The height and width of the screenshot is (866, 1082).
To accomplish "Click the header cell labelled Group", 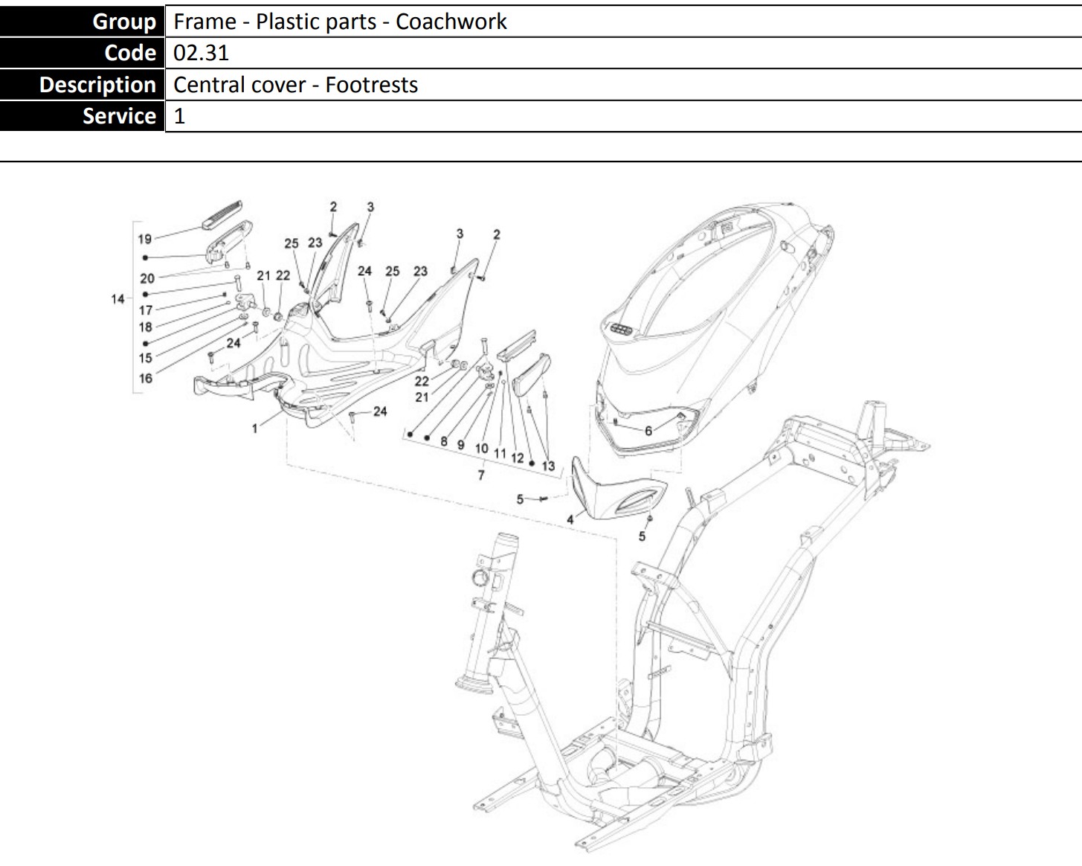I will pyautogui.click(x=123, y=22).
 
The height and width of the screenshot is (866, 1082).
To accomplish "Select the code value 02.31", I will pyautogui.click(x=201, y=53).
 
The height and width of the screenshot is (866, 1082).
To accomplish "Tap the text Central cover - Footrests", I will pyautogui.click(x=295, y=85).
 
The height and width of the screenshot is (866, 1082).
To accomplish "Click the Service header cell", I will pyautogui.click(x=119, y=116).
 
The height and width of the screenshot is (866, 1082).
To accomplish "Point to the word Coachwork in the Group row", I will pyautogui.click(x=451, y=22).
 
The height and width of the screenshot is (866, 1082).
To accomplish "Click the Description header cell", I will pyautogui.click(x=97, y=85).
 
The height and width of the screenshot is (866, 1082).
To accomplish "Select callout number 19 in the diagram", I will pyautogui.click(x=144, y=239).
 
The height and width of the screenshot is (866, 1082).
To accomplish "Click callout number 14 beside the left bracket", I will pyautogui.click(x=117, y=299).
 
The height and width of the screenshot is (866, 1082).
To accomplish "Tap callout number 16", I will pyautogui.click(x=145, y=378).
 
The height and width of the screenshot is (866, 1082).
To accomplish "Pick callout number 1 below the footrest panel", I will pyautogui.click(x=254, y=429).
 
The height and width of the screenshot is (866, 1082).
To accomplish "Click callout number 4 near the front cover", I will pyautogui.click(x=570, y=519).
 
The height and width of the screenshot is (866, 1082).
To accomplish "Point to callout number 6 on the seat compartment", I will pyautogui.click(x=648, y=431).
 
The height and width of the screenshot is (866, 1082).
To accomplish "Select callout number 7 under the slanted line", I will pyautogui.click(x=481, y=475).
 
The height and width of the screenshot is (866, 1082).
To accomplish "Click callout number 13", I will pyautogui.click(x=548, y=466).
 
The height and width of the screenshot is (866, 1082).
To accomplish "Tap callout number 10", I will pyautogui.click(x=481, y=449).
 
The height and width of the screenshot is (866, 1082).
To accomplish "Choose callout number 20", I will pyautogui.click(x=147, y=278).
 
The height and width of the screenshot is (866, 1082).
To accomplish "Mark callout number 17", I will pyautogui.click(x=146, y=310).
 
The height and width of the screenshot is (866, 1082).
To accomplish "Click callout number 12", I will pyautogui.click(x=518, y=458).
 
